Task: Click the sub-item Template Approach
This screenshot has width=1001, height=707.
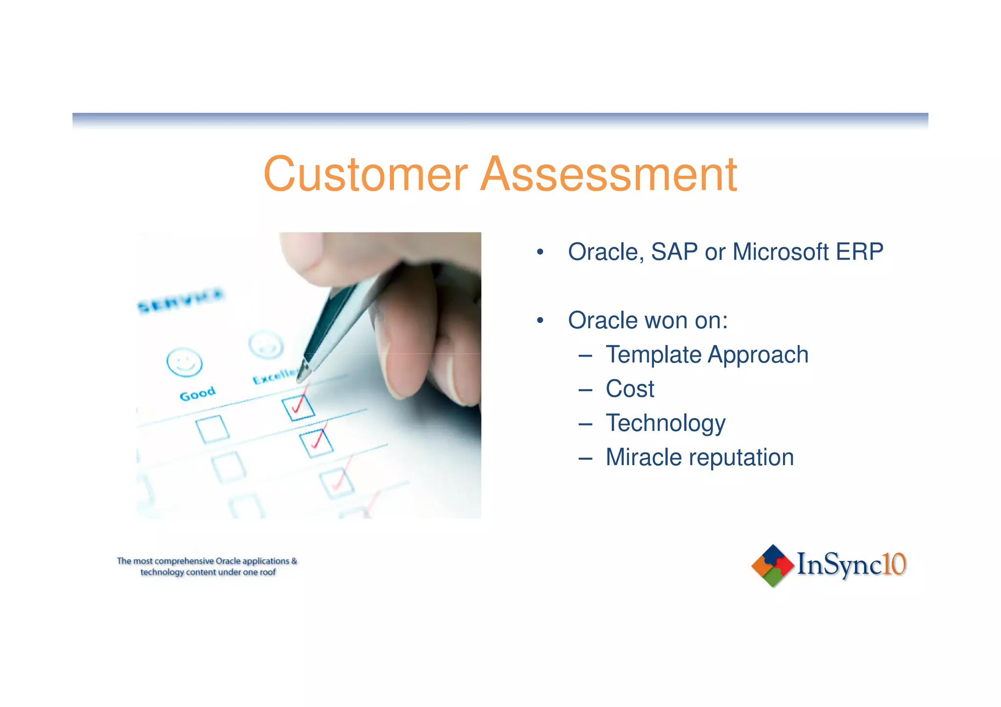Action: pyautogui.click(x=707, y=355)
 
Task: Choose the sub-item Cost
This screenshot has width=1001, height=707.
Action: pyautogui.click(x=630, y=389)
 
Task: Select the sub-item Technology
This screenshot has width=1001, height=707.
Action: pyautogui.click(x=665, y=424)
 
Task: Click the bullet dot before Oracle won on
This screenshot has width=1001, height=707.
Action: pyautogui.click(x=540, y=321)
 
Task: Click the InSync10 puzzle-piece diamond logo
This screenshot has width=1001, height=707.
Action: pyautogui.click(x=772, y=565)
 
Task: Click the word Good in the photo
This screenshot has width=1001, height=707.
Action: pyautogui.click(x=197, y=393)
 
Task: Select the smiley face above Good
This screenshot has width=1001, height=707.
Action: pyautogui.click(x=184, y=362)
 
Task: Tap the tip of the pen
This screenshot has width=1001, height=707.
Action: pyautogui.click(x=302, y=378)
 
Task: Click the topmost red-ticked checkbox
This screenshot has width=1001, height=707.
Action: pyautogui.click(x=298, y=408)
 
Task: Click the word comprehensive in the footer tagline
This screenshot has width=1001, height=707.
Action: pyautogui.click(x=184, y=561)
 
